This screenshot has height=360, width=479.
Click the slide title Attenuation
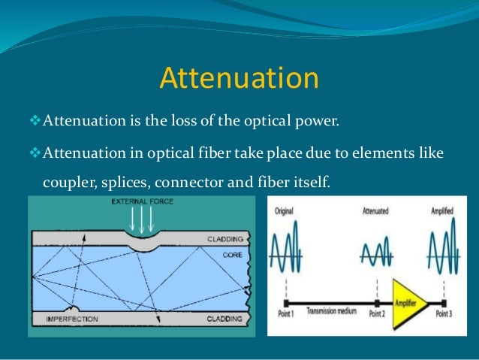coord(239,78)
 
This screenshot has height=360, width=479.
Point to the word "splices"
coord(122,181)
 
